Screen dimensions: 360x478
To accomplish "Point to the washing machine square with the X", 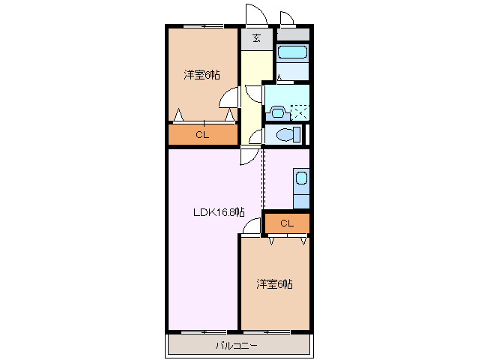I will pyautogui.click(x=300, y=112).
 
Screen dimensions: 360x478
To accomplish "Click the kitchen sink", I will pyautogui.click(x=300, y=178).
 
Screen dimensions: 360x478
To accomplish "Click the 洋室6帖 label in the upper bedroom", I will pyautogui.click(x=202, y=75).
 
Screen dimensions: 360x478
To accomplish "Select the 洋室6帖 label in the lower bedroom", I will pyautogui.click(x=274, y=284).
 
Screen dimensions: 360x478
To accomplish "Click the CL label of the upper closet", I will pyautogui.click(x=202, y=135).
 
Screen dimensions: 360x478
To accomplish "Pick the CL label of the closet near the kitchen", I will pyautogui.click(x=287, y=223).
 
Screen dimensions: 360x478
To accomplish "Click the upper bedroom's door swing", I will pyautogui.click(x=229, y=97).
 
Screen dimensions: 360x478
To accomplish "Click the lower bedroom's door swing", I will pyautogui.click(x=253, y=224).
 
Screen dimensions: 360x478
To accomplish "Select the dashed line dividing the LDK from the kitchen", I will pyautogui.click(x=262, y=180).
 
